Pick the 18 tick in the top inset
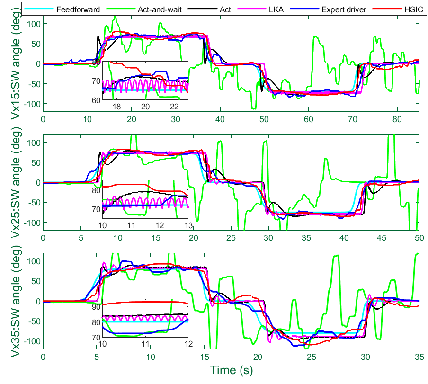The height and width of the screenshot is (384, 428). click(x=116, y=107)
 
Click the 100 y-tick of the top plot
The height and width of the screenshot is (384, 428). click(x=33, y=24)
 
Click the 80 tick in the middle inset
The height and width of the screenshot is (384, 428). click(x=97, y=190)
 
